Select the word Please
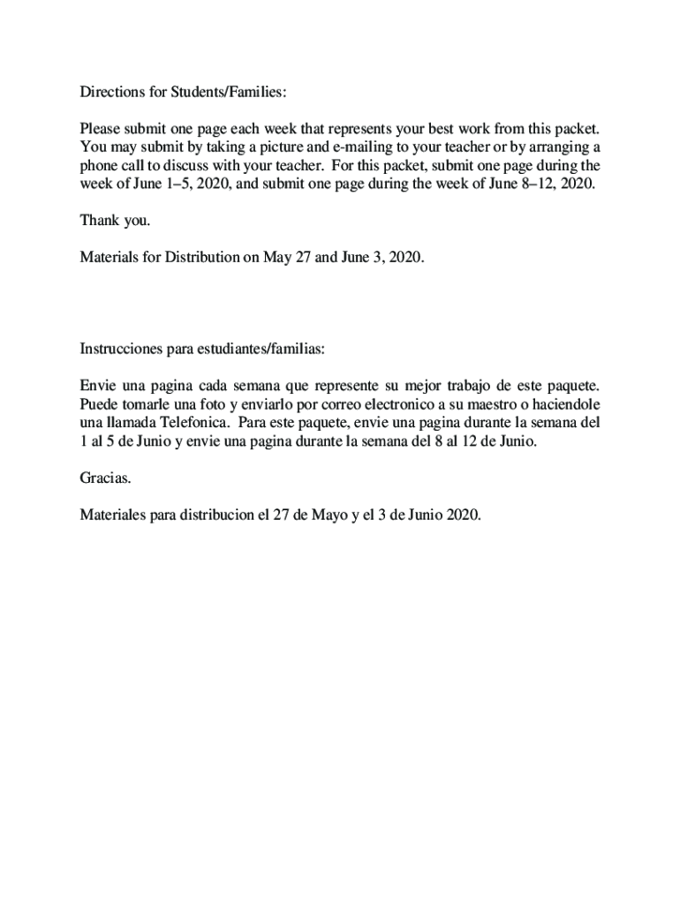[101, 129]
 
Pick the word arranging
[560, 147]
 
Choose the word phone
[99, 166]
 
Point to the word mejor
[426, 386]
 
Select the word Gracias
[105, 478]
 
